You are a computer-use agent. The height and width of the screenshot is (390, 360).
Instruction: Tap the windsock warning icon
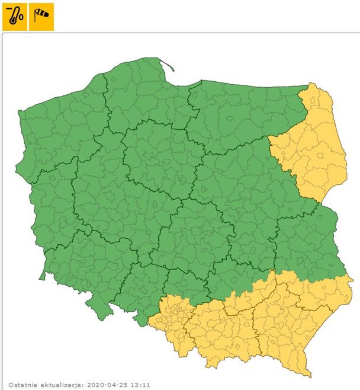click(42, 17)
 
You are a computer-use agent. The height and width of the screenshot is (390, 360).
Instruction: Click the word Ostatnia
click(22, 385)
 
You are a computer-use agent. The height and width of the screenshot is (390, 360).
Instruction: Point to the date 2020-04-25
click(107, 385)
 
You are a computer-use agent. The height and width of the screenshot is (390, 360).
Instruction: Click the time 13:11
click(140, 385)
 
